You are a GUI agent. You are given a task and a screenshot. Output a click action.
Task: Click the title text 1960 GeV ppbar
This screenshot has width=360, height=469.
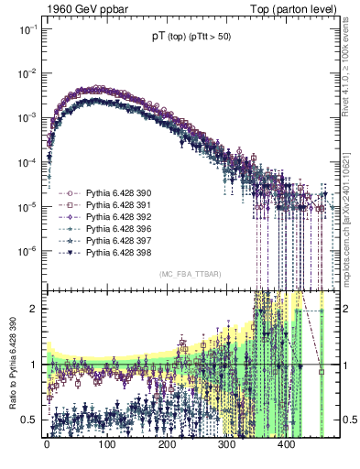76,7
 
